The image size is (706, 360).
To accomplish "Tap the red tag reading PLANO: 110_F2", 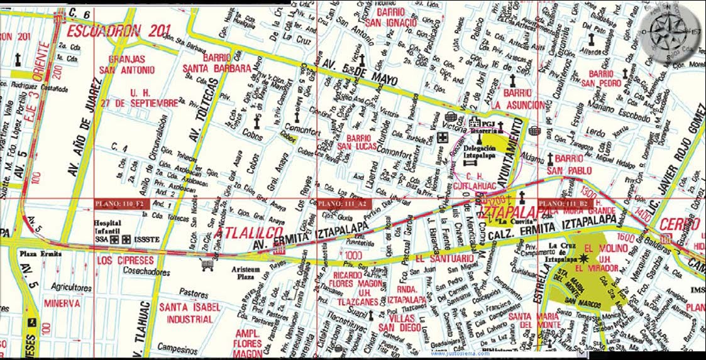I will click(x=119, y=204).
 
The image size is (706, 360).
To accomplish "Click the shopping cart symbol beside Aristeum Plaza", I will click(x=204, y=265).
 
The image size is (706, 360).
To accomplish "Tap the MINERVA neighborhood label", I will click(x=62, y=303).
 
